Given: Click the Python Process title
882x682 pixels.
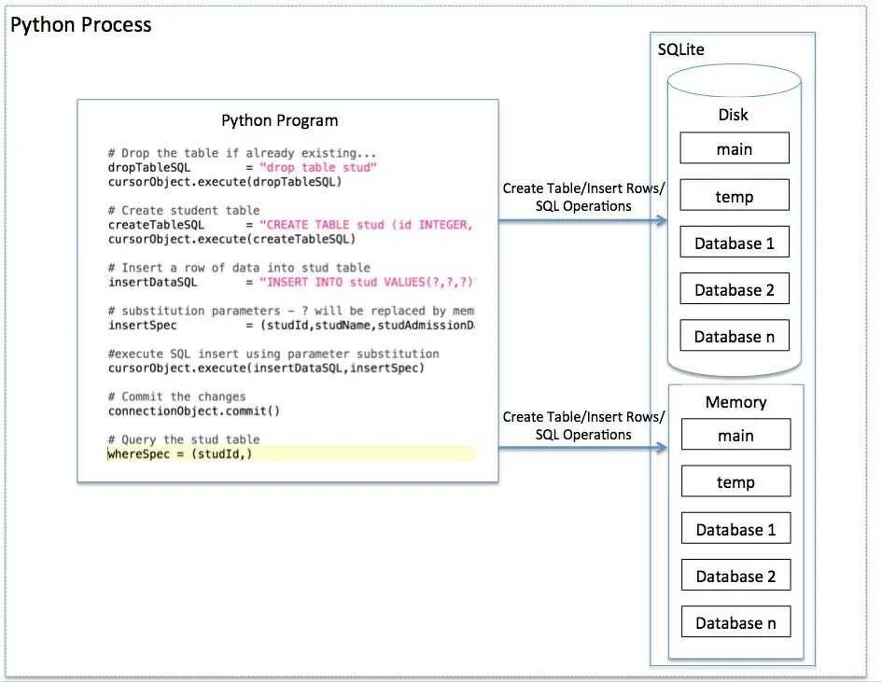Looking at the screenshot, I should point(80,25).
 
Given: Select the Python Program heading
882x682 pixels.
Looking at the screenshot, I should point(279,120).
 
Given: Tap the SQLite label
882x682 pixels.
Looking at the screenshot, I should point(680,49).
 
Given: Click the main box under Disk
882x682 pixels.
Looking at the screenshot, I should point(734,148).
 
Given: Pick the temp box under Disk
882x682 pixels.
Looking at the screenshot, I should point(734,196).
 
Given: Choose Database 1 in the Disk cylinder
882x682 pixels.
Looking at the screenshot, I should point(734,244).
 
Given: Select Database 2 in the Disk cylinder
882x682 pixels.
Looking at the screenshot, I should point(734,289).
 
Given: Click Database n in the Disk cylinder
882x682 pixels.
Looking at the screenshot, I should point(734,336).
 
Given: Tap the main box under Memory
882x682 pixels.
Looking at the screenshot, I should point(735,435).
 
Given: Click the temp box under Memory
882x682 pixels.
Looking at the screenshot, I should point(735,481).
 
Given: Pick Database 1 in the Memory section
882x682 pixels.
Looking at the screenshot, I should point(735,529).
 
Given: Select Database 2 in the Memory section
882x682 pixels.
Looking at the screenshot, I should point(735,576).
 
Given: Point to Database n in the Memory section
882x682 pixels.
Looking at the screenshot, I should point(735,622).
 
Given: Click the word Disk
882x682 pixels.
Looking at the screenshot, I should point(733,115).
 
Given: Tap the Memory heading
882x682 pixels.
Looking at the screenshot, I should point(735,402).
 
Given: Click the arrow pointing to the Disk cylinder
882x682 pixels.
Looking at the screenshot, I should point(583,221).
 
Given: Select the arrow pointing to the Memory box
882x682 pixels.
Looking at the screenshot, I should point(583,448).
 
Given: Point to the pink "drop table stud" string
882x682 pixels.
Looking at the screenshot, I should point(318,168).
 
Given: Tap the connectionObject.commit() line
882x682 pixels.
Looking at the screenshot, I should point(194,411).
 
